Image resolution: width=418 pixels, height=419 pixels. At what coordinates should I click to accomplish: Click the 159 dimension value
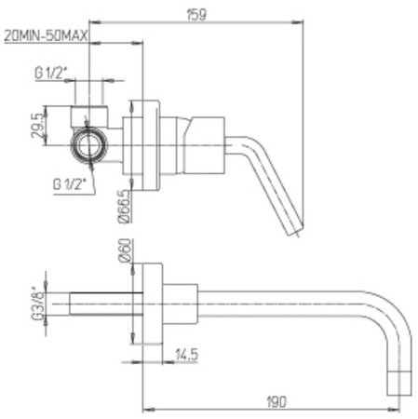[x=196, y=15]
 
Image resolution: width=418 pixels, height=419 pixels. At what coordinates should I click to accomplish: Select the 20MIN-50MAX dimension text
[x=47, y=36]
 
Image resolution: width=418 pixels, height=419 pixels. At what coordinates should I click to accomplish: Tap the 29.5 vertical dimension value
[x=36, y=125]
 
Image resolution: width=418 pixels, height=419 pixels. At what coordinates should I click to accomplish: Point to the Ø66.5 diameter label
[x=124, y=207]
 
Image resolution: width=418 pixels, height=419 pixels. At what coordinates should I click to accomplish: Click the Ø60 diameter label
[x=125, y=250]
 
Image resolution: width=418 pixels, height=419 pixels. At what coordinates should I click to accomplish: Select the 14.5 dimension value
[x=186, y=354]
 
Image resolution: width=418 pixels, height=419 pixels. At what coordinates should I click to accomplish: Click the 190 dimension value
[x=276, y=402]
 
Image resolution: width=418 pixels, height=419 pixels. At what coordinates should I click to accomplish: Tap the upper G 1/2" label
[x=51, y=74]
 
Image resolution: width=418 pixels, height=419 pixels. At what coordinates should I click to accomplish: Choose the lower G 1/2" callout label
[x=69, y=183]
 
